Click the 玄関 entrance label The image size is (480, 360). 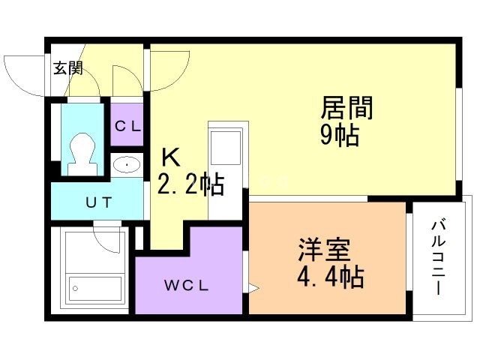click(x=67, y=69)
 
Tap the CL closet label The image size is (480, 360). click(x=127, y=126)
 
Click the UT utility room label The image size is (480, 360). click(x=97, y=202)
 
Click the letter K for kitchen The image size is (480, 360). click(x=172, y=158)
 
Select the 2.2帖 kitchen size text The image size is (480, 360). click(x=190, y=184)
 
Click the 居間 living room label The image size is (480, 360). click(x=346, y=109)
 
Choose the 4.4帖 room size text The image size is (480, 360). click(x=331, y=277)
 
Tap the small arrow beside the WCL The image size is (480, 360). click(x=253, y=287)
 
